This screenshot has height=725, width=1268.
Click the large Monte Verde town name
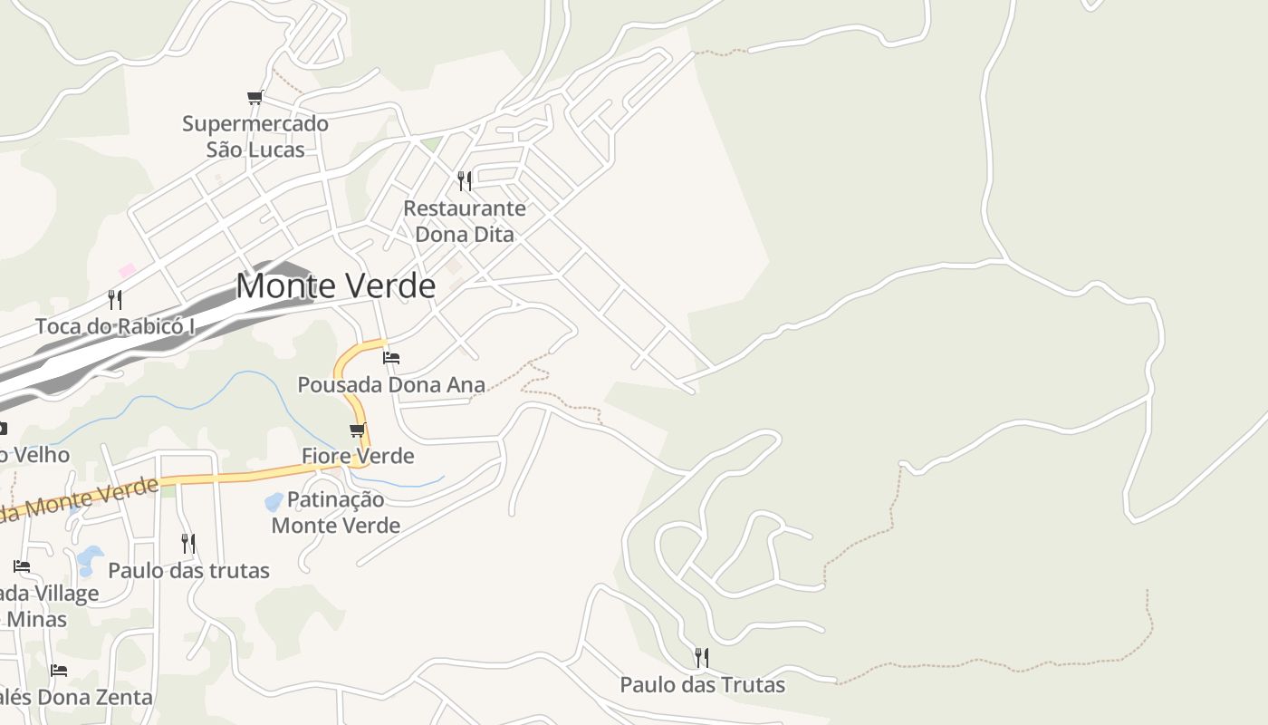tap(335, 286)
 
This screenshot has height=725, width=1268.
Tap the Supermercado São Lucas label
tap(255, 136)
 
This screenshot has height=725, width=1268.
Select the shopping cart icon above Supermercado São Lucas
tap(255, 97)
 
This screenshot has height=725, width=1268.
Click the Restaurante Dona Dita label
tap(464, 221)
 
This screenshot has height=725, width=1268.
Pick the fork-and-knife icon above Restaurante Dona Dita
tap(465, 181)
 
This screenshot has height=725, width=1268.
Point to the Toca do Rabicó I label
tap(115, 326)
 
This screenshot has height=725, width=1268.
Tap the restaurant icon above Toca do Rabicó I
tap(115, 300)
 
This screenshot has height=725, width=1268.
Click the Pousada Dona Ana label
tap(391, 385)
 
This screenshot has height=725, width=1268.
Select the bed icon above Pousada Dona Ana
tap(391, 358)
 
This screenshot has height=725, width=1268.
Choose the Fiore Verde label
tap(358, 456)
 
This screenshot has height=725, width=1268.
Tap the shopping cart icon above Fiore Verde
tap(358, 430)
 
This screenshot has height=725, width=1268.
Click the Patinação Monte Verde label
tap(336, 512)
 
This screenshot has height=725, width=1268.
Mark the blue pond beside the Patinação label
tap(274, 501)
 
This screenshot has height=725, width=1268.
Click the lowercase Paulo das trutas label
tap(188, 571)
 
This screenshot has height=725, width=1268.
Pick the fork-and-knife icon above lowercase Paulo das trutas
tap(188, 544)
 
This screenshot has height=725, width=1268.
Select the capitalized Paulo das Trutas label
tap(702, 685)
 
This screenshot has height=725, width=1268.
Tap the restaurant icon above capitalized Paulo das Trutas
tap(702, 658)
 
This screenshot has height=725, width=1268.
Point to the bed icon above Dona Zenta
tap(59, 671)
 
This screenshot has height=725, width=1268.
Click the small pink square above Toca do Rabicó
tap(127, 270)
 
